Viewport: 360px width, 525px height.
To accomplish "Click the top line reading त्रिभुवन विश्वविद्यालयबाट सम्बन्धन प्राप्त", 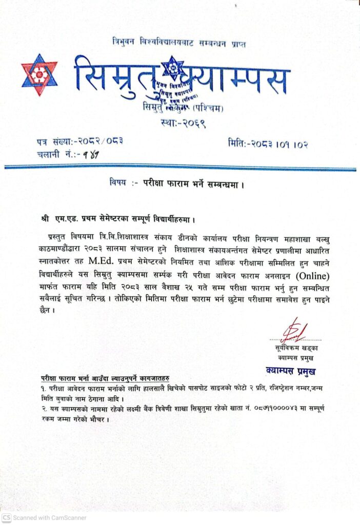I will pyautogui.click(x=178, y=44).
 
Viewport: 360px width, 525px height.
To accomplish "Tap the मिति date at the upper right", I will pyautogui.click(x=268, y=144).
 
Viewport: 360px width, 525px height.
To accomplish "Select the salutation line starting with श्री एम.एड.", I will pyautogui.click(x=119, y=220).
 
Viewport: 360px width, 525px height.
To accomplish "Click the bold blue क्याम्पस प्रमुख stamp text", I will pyautogui.click(x=291, y=370).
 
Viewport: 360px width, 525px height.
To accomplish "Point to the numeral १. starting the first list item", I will pyautogui.click(x=44, y=388).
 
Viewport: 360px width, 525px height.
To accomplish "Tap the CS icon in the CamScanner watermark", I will pyautogui.click(x=6, y=517).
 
